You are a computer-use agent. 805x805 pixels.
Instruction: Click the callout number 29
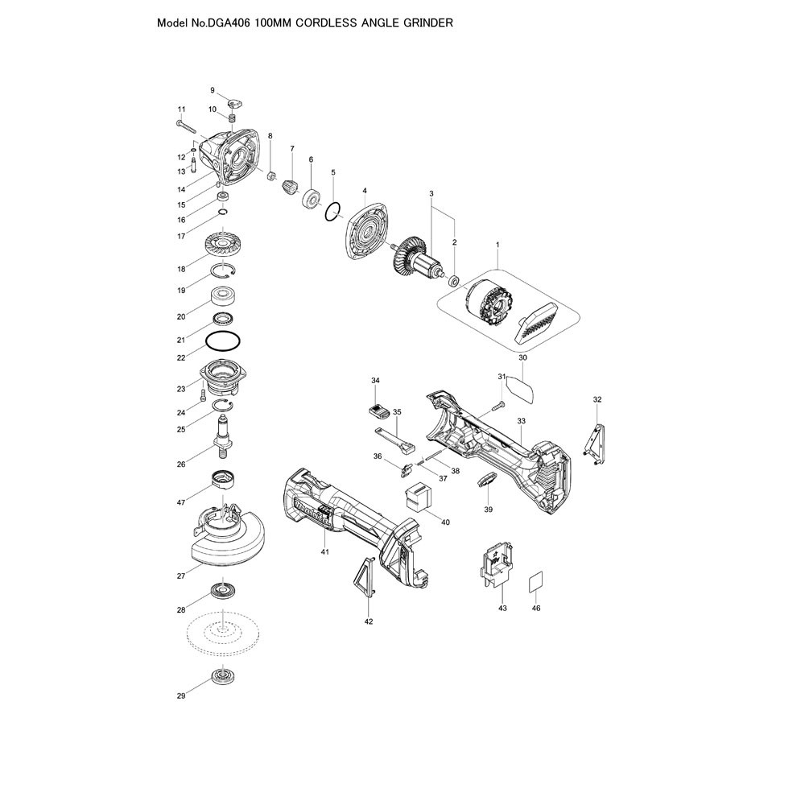180,696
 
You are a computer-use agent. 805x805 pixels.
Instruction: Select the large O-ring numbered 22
223,341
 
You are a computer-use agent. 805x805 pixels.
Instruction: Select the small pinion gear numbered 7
290,186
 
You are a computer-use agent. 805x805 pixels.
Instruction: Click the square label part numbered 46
535,580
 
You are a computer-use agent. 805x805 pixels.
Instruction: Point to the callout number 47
180,502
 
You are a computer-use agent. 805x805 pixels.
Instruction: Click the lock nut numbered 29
222,675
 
